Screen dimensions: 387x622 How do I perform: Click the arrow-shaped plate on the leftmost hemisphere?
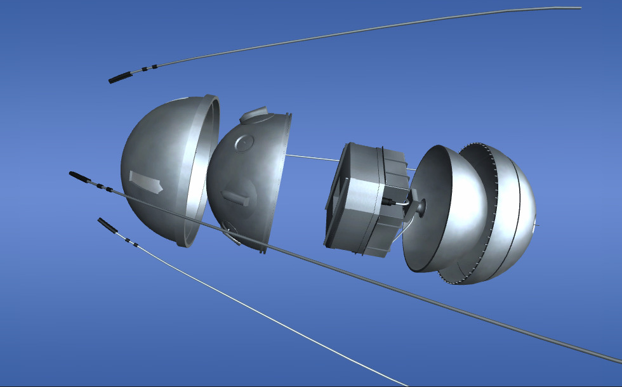pyautogui.click(x=145, y=181)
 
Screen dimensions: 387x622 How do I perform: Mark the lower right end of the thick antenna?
pyautogui.click(x=612, y=359)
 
